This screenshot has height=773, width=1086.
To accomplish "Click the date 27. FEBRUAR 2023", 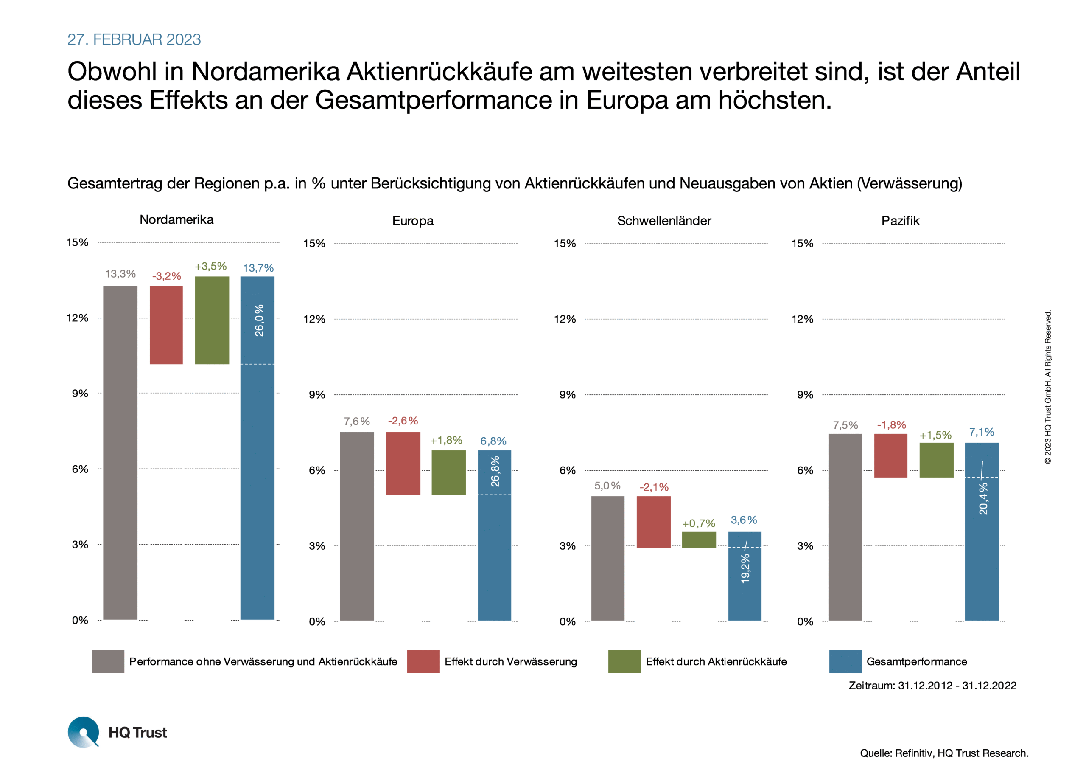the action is click(x=134, y=39).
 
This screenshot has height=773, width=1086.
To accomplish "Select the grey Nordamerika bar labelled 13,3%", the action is click(x=120, y=452).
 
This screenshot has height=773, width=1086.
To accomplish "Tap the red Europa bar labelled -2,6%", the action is click(x=403, y=463).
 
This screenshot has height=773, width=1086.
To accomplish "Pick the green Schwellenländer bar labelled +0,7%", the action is click(x=699, y=540).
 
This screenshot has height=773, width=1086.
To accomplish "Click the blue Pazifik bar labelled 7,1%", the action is click(x=982, y=531).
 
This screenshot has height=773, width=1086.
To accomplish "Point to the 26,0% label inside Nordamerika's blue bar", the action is click(x=259, y=320).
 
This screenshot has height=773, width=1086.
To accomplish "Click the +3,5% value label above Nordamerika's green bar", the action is click(x=211, y=266).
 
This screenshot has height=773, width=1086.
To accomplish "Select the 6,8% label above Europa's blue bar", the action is click(x=493, y=441).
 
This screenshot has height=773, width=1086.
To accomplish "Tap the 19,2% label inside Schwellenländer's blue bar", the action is click(x=745, y=568).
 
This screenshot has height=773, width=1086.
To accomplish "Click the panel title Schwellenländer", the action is click(x=664, y=221).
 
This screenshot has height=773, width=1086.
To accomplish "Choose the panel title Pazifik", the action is click(x=901, y=221).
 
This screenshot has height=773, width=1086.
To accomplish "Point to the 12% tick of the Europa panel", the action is click(x=314, y=319).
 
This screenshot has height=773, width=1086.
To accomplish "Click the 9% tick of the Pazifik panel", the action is click(x=805, y=395).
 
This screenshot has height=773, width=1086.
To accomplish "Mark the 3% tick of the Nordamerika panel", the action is click(x=80, y=545).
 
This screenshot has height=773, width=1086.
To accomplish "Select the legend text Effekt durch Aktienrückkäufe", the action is click(x=716, y=662).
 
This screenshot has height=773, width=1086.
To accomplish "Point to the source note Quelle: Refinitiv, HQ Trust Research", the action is click(x=944, y=753).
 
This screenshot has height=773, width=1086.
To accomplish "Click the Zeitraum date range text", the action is click(x=932, y=686).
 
